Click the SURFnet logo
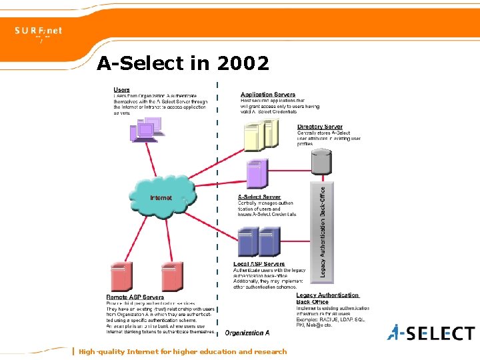pos(39,31)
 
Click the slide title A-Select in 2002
pos(183,63)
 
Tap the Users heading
pos(122,89)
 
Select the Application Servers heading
pos(268,94)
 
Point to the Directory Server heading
pos(320,127)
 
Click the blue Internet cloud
pos(162,197)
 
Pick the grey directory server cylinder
pos(322,161)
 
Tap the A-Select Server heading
pos(259,197)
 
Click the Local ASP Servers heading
pos(259,264)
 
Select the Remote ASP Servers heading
pos(135,297)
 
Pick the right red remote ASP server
pos(172,275)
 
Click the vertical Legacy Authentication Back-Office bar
pos(322,230)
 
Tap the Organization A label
pos(247,332)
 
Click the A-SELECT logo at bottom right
pos(432,332)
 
